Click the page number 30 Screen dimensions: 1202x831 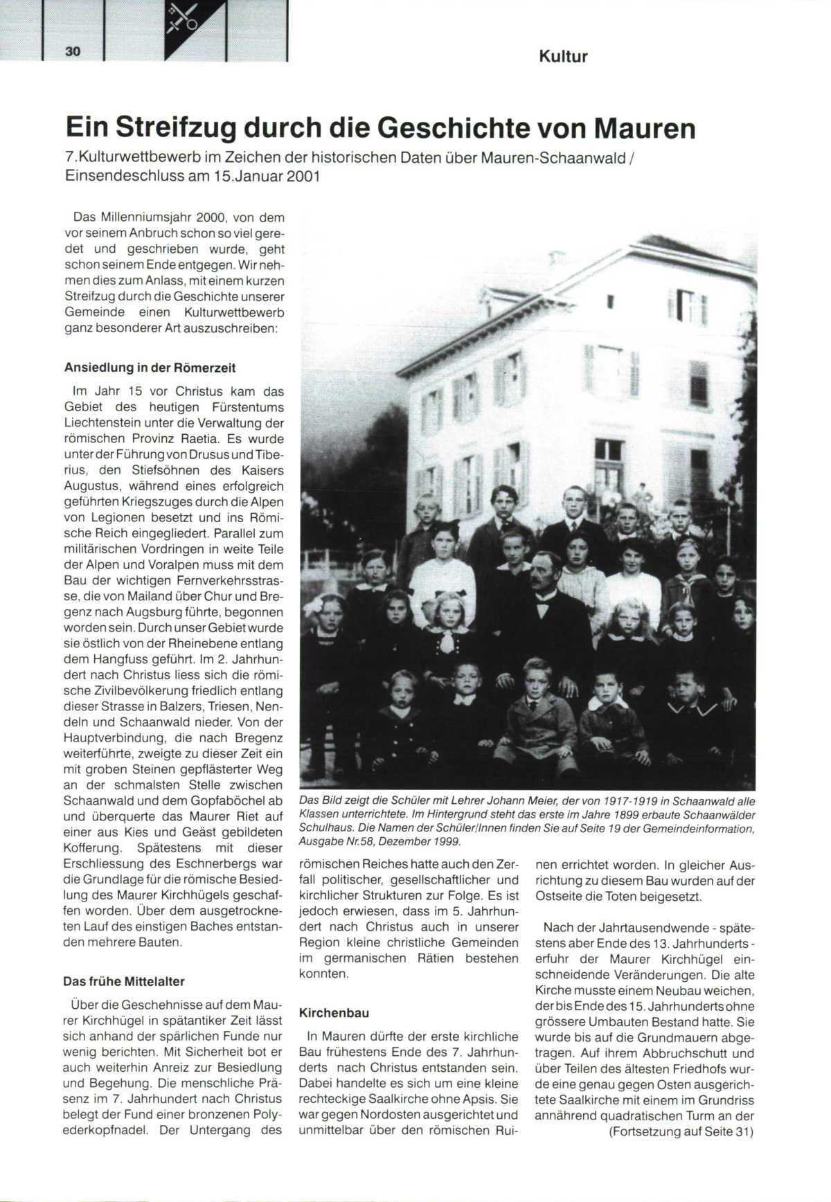pos(73,51)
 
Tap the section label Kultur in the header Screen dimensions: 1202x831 pos(562,57)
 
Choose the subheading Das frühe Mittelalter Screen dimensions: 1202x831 pos(124,981)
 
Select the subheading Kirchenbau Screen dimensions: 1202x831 pos(333,1013)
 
